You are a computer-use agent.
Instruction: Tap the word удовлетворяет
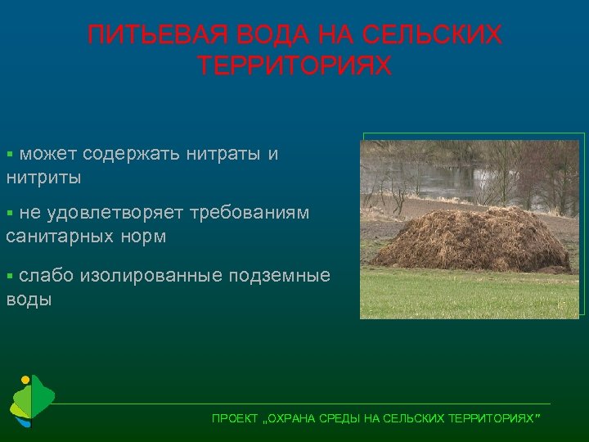tap(115, 214)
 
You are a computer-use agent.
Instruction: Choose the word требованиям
tap(250, 214)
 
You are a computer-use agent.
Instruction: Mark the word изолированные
tap(151, 275)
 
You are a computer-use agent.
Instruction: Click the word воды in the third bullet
tap(29, 299)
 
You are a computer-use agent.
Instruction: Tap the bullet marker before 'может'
tap(10, 154)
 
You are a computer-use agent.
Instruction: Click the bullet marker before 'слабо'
tap(10, 275)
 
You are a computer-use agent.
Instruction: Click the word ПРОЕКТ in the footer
tap(234, 418)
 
